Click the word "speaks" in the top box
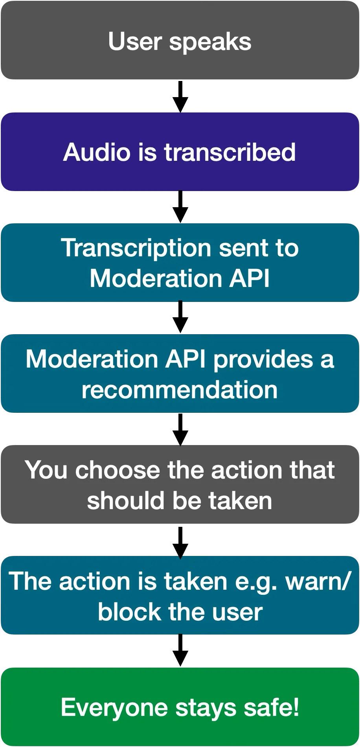pos(210,42)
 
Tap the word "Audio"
pos(97,152)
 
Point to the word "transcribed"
pos(230,152)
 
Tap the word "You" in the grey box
pos(46,470)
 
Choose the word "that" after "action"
pos(312,470)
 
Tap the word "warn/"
pos(317,581)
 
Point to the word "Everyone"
pos(114,708)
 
